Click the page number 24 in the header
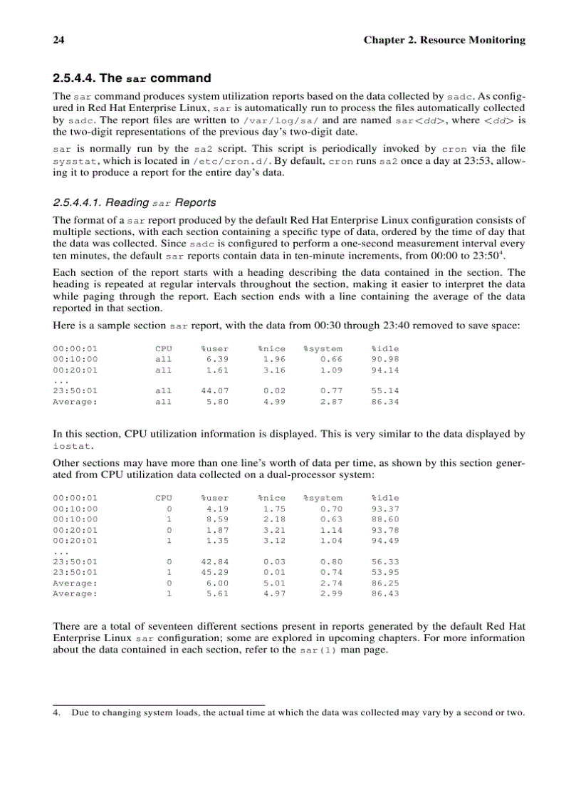(59, 40)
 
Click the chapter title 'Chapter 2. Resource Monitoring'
(444, 40)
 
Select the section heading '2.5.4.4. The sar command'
(132, 78)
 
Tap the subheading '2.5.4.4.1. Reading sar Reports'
(135, 203)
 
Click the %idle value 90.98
(384, 359)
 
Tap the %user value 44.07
(214, 391)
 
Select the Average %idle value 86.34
(384, 402)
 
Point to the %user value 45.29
(214, 572)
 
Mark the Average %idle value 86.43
(384, 593)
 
